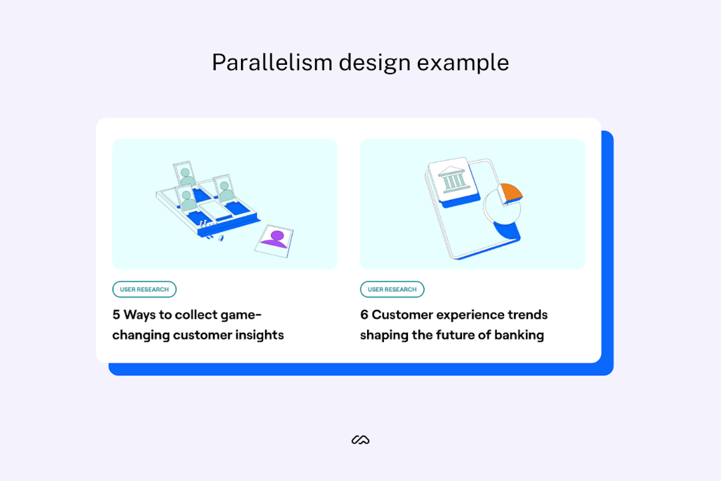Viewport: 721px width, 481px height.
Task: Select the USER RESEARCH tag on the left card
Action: coord(144,289)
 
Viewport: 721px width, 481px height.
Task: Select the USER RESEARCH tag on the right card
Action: coord(392,289)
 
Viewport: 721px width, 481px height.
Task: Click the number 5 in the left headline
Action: coord(116,315)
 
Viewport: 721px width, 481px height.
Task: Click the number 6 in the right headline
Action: coord(365,315)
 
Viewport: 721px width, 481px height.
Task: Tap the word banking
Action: coord(519,335)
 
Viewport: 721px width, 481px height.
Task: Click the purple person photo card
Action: coord(274,238)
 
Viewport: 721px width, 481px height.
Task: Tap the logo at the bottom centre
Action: coord(360,440)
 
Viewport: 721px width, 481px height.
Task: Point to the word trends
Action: coord(527,315)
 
